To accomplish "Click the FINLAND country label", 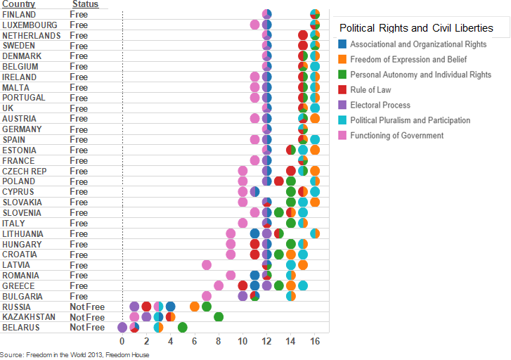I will tap(19, 14).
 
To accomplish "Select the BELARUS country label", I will tap(21, 328).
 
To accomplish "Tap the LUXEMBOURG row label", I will tap(30, 25).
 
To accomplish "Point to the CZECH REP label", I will tap(25, 171).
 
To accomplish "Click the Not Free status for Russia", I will tap(86, 307).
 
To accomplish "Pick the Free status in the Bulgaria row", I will tap(79, 296).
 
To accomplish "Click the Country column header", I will tap(18, 4).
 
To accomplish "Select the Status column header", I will tap(85, 4).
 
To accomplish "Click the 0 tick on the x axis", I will tap(122, 341).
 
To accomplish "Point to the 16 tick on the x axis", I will tap(315, 341).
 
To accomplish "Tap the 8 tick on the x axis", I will tap(219, 341).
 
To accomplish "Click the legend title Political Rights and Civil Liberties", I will tap(415, 28).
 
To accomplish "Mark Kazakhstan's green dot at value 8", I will tap(219, 317).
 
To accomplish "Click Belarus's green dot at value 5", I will tap(183, 327).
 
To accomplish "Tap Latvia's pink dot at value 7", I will tap(207, 264).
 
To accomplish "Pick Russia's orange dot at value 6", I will tap(195, 307).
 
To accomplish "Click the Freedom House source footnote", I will tap(75, 355).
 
